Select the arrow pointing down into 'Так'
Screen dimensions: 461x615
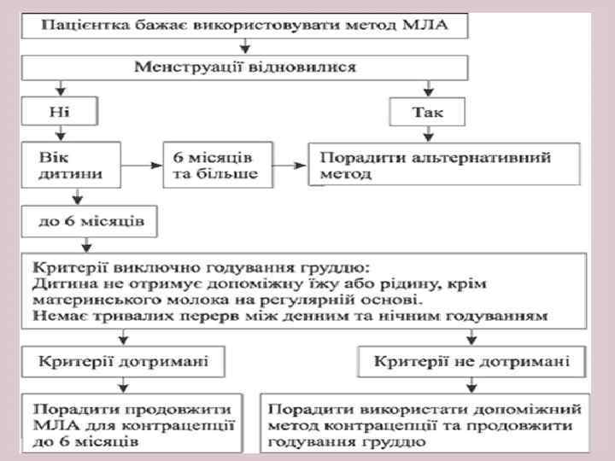[x=427, y=88]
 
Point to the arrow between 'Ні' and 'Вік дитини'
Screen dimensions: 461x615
[x=60, y=131]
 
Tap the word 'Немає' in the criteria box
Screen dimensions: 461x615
[x=53, y=316]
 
